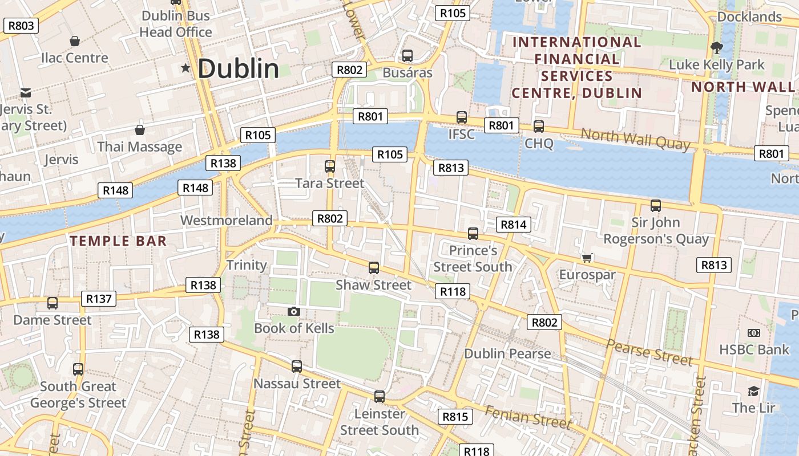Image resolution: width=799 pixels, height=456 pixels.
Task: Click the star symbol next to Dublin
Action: click(x=185, y=68)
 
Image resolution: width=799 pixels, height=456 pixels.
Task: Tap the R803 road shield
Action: click(x=21, y=26)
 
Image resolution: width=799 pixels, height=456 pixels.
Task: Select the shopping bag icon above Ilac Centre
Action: click(x=75, y=41)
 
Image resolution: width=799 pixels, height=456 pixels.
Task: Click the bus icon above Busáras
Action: click(x=407, y=56)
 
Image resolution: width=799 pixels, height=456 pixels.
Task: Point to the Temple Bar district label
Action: click(x=119, y=241)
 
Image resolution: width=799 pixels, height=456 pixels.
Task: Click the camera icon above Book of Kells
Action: click(x=294, y=311)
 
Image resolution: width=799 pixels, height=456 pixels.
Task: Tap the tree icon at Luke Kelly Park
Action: click(x=716, y=48)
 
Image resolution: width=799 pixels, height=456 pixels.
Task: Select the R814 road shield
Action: click(x=513, y=225)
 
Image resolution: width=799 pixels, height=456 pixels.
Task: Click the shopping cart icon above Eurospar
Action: click(x=587, y=258)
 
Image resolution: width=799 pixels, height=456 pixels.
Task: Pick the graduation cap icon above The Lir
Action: click(x=754, y=391)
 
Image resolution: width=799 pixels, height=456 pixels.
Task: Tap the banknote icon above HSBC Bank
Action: click(x=754, y=333)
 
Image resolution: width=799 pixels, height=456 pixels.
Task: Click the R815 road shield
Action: click(x=455, y=417)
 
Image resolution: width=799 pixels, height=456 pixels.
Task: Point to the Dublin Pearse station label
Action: click(x=507, y=353)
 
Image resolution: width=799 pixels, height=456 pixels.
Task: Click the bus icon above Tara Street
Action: click(x=330, y=166)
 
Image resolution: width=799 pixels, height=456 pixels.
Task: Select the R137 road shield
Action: click(x=99, y=299)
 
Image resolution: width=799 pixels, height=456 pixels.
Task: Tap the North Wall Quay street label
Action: click(x=635, y=139)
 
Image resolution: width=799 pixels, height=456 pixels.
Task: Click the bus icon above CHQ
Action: click(x=539, y=127)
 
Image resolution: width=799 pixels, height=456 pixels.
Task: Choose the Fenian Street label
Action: click(x=528, y=417)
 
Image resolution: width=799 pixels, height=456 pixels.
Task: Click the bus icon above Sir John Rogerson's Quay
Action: click(x=656, y=206)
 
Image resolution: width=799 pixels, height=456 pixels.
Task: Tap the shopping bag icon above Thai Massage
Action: click(x=139, y=130)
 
